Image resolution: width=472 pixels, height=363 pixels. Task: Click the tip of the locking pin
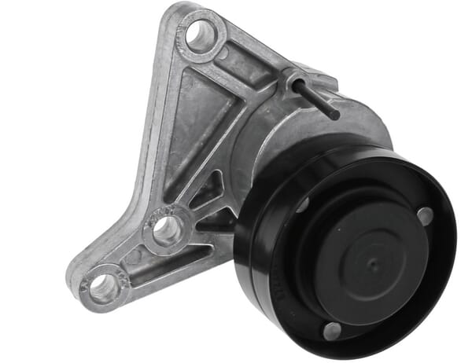pyautogui.click(x=336, y=115)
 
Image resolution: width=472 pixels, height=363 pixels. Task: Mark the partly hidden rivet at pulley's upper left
pyautogui.click(x=302, y=206)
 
